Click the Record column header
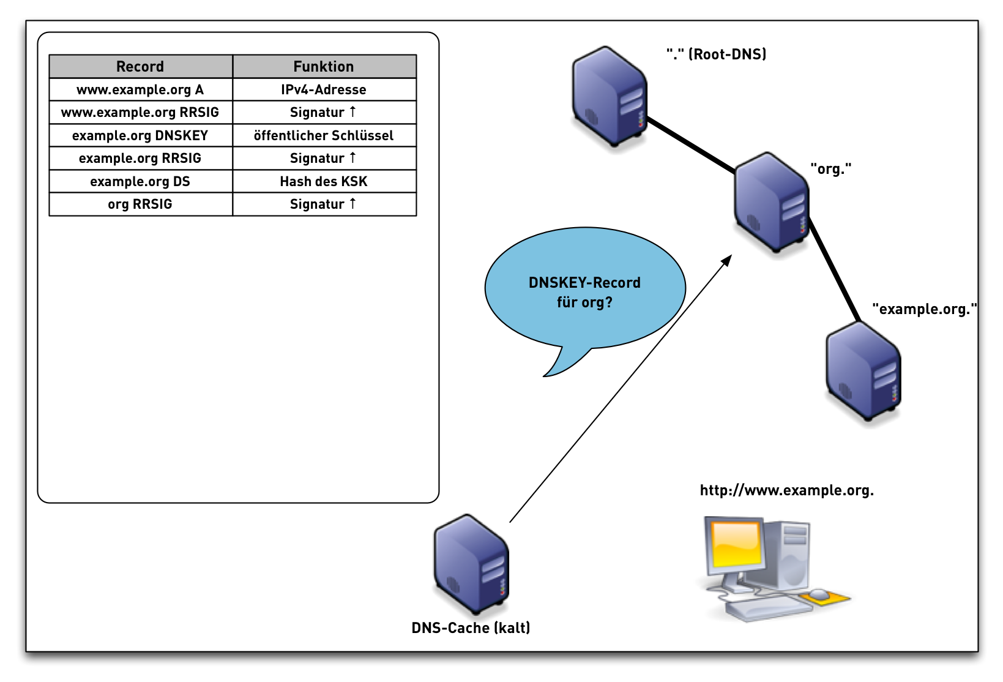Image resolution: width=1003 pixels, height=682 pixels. pos(140,66)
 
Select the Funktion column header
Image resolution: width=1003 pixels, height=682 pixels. pos(324,66)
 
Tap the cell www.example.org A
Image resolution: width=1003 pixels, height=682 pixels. pos(140,89)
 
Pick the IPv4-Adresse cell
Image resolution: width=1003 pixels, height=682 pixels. pos(324,89)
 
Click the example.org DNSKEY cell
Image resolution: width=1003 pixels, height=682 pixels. pos(140,135)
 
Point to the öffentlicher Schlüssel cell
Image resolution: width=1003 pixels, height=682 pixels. pos(324,135)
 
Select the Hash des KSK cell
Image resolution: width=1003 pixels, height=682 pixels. pos(324,181)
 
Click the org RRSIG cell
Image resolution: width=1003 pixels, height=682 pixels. pos(140,204)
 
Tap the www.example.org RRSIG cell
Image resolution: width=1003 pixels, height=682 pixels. pos(140,112)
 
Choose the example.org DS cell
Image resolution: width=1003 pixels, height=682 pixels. pos(140,181)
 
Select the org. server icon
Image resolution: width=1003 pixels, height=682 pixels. pos(771,203)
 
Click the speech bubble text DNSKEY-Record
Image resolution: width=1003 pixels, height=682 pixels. pos(584,283)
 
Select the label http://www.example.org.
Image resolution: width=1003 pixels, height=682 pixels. pos(786,490)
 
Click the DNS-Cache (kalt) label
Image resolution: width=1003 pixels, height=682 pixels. pos(471,628)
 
